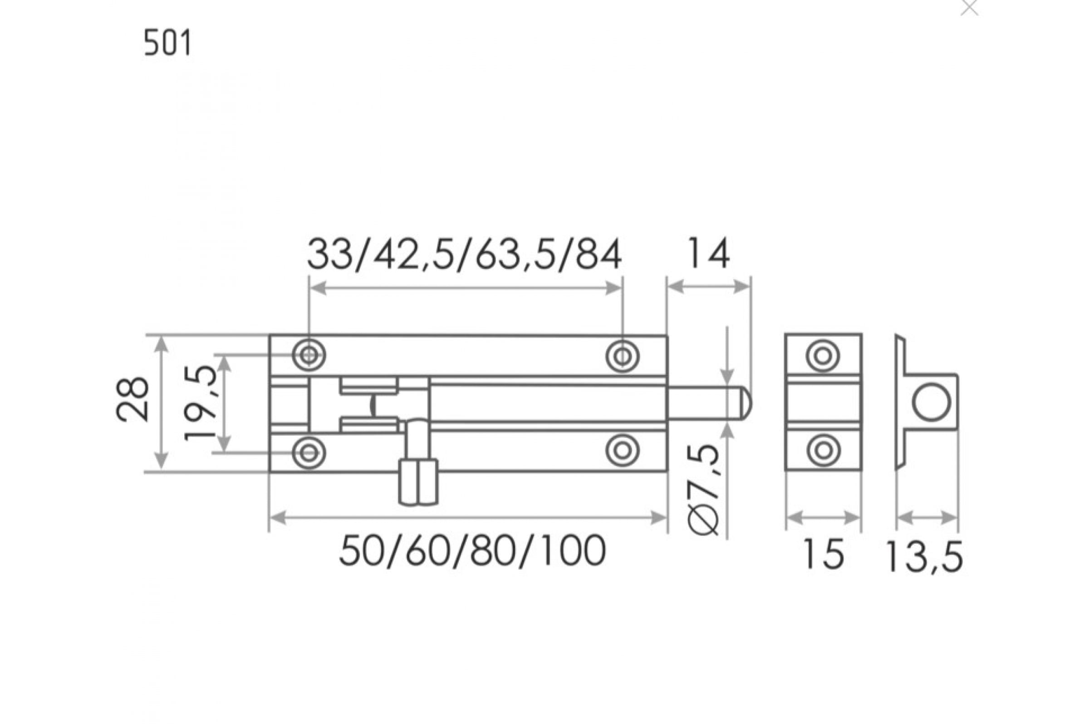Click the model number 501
(167, 43)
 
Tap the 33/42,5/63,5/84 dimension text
(464, 255)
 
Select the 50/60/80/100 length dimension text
(472, 551)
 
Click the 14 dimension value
(708, 254)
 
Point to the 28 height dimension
(133, 399)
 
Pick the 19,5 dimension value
(200, 402)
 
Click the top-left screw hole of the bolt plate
(309, 356)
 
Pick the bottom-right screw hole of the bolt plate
(623, 450)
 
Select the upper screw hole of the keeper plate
(823, 356)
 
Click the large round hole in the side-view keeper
(931, 402)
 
